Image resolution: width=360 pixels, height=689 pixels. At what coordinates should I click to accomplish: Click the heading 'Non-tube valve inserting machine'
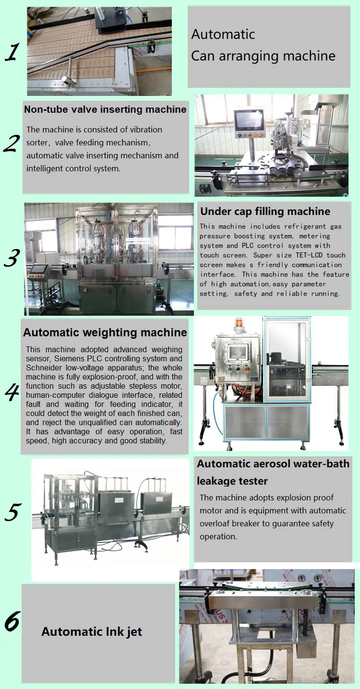pyautogui.click(x=105, y=109)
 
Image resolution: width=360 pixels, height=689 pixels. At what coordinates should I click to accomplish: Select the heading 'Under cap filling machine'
pyautogui.click(x=265, y=211)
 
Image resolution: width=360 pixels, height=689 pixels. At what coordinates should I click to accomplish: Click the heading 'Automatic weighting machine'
pyautogui.click(x=105, y=333)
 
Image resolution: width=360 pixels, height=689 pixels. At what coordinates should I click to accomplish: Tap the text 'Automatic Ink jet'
pyautogui.click(x=92, y=632)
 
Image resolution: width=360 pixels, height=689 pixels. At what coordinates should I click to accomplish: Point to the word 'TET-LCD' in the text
pyautogui.click(x=309, y=255)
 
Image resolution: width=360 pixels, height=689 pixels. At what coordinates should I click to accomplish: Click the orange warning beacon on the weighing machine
pyautogui.click(x=239, y=322)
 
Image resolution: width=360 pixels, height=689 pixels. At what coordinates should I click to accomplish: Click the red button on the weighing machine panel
pyautogui.click(x=246, y=369)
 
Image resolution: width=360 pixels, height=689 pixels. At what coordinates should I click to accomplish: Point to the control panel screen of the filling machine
pyautogui.click(x=38, y=269)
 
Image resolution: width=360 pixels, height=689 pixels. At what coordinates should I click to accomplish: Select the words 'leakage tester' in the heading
pyautogui.click(x=232, y=481)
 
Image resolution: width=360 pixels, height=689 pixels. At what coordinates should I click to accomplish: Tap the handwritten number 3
pyautogui.click(x=12, y=258)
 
